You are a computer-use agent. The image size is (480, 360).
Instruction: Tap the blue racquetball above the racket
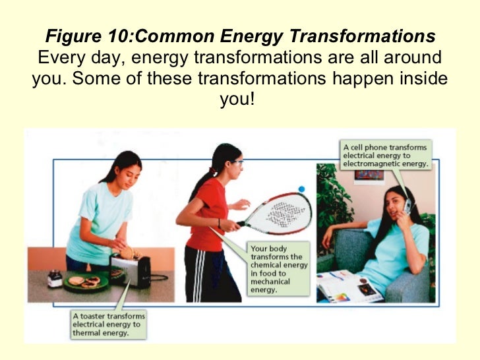[x=301, y=189]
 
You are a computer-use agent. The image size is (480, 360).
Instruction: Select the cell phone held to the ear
[x=407, y=206]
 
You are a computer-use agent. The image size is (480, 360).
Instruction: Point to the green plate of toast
[x=85, y=282]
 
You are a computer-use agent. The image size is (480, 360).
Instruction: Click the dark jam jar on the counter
[x=55, y=279]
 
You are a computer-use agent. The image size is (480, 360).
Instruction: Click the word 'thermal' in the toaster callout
[x=86, y=333]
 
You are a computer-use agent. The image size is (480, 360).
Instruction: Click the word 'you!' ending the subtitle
[x=239, y=101]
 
